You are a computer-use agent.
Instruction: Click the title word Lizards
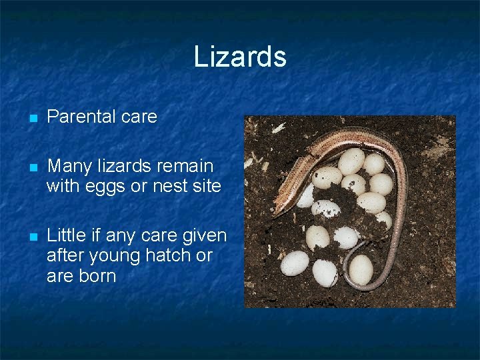(240, 57)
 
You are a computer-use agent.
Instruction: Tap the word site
(207, 186)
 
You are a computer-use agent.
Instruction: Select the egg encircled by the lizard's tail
(361, 269)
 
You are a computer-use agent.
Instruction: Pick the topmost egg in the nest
(351, 161)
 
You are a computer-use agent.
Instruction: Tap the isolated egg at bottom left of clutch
(294, 263)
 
